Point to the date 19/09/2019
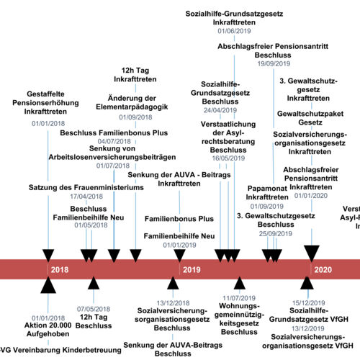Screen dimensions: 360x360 point(274,64)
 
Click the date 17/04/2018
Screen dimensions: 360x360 point(87,197)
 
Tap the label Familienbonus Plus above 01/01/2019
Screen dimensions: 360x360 point(179,217)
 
